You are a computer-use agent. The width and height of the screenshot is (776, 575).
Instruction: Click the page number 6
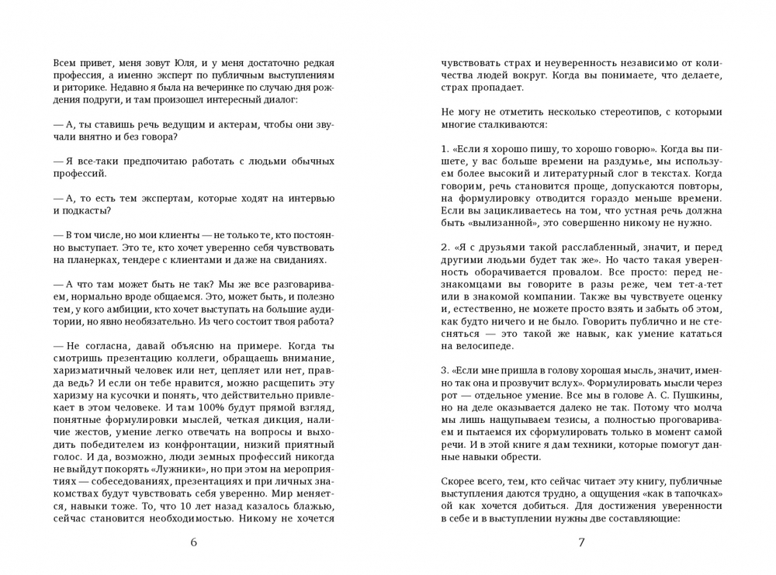coord(194,542)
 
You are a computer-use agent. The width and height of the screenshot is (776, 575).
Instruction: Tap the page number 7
coord(581,542)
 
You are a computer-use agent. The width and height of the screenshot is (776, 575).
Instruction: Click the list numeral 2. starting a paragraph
coord(445,248)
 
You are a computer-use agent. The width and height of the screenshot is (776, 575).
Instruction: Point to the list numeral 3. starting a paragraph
coord(445,370)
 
